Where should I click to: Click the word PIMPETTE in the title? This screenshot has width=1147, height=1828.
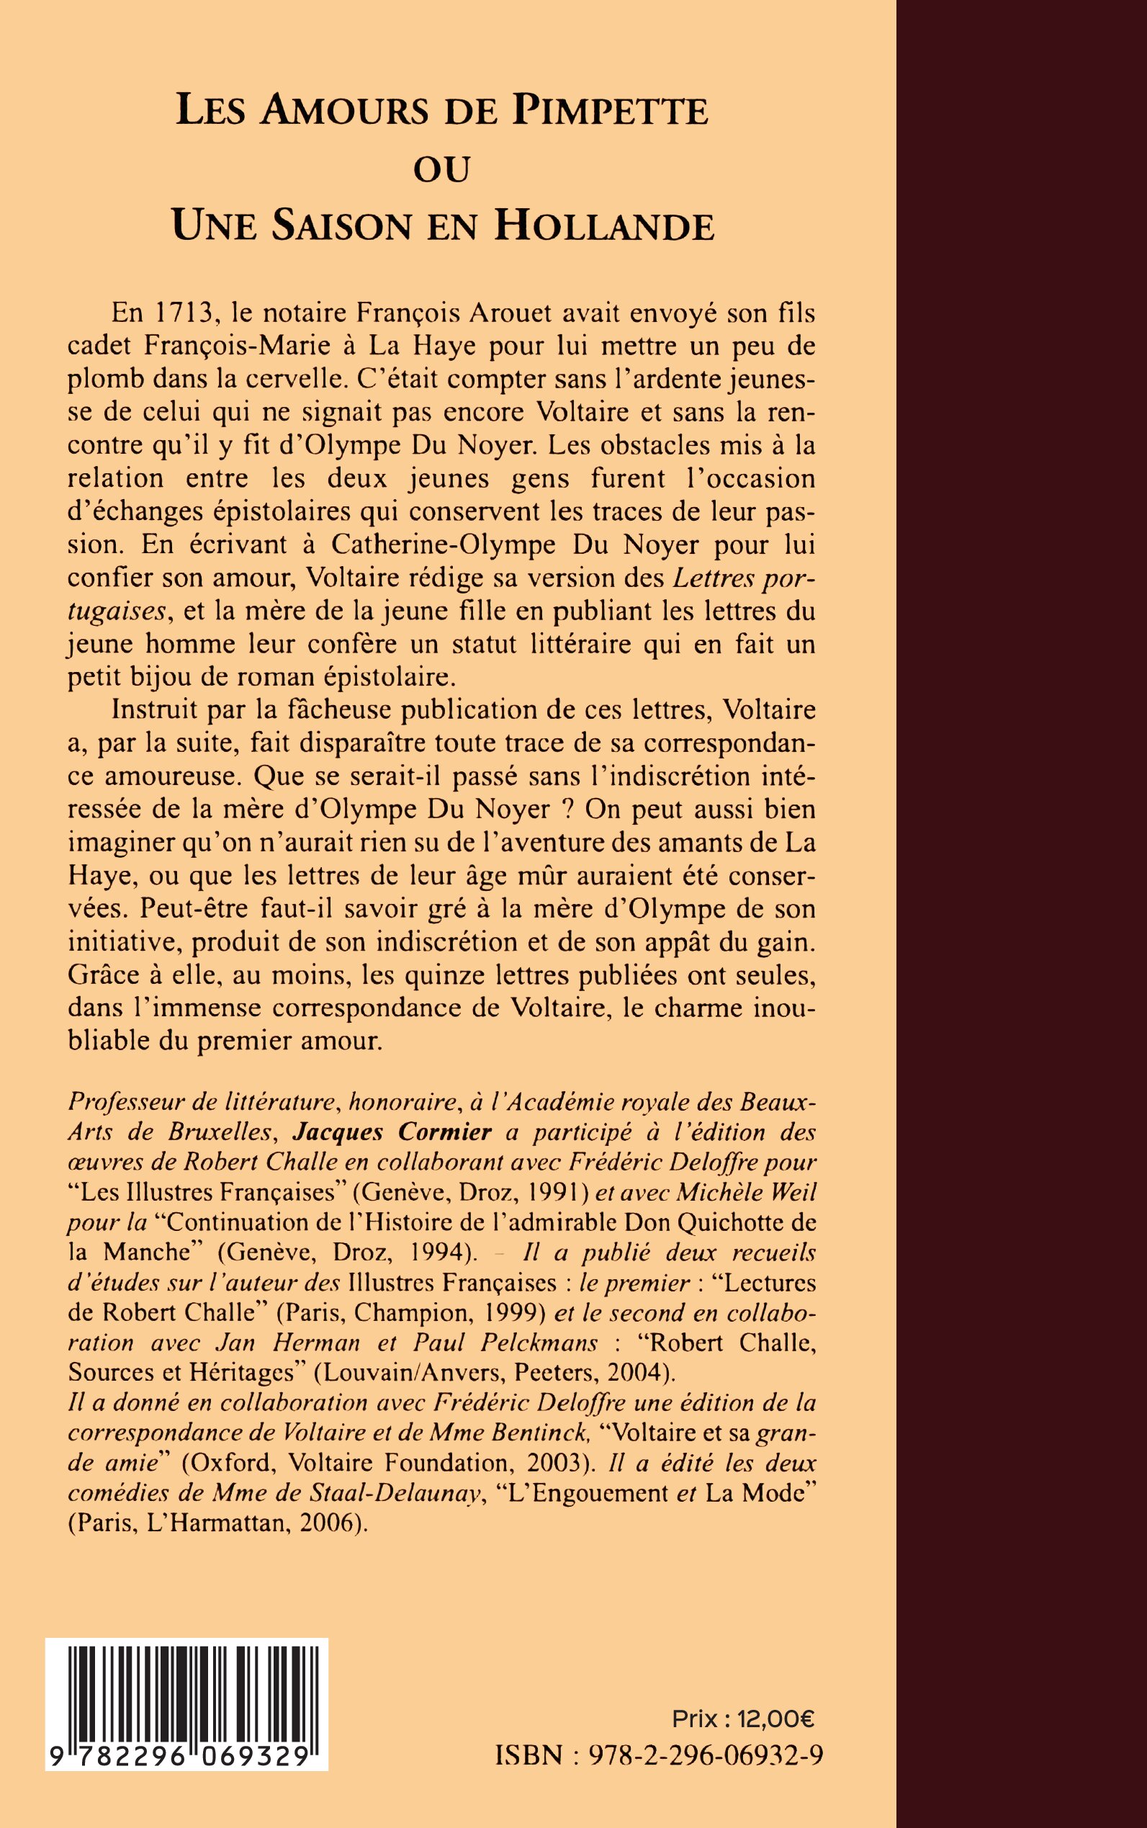(x=610, y=111)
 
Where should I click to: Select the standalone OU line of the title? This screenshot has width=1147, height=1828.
(x=441, y=169)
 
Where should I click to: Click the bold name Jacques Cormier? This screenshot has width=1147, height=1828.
(x=393, y=1132)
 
